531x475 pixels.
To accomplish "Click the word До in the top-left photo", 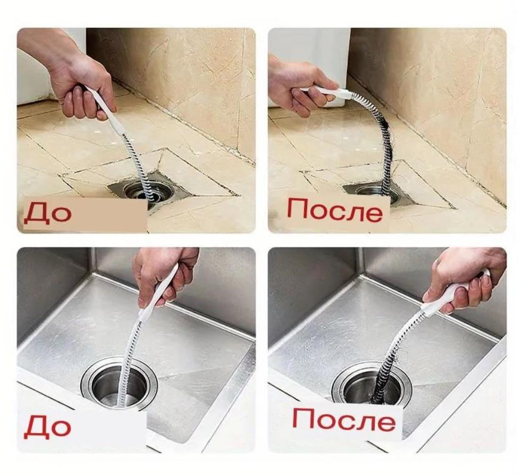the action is (47, 212).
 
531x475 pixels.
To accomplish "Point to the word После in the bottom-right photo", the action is (344, 420).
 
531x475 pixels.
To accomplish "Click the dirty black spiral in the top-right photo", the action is (383, 143).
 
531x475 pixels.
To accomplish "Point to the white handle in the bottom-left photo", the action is (158, 291).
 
